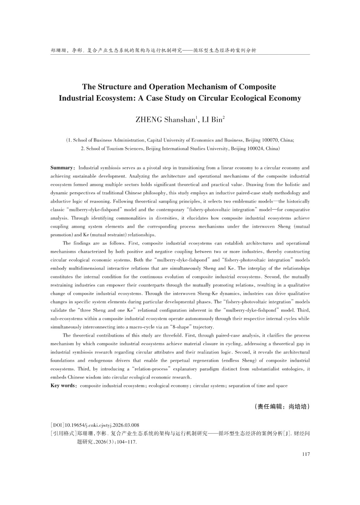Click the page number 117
click(306, 454)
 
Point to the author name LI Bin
click(212, 120)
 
